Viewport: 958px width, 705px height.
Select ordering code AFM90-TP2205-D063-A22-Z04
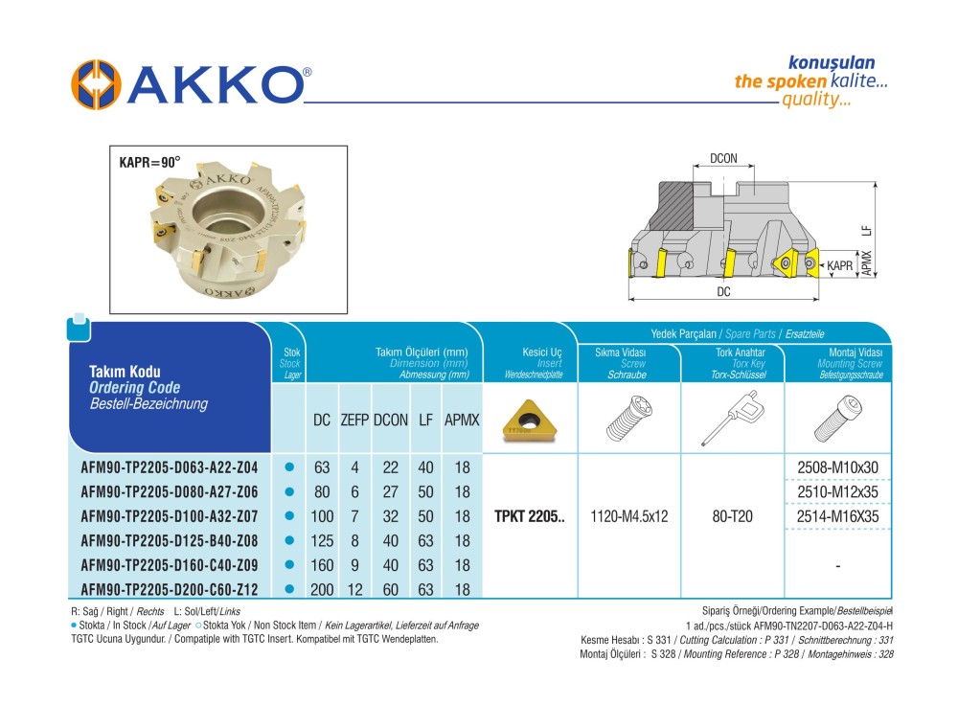pos(170,468)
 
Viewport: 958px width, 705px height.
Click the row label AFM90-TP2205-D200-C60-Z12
pos(170,588)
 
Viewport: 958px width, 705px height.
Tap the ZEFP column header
pos(354,421)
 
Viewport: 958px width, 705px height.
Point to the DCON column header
pos(391,421)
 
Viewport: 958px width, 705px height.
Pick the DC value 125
pos(322,540)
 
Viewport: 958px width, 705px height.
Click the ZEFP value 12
pos(354,588)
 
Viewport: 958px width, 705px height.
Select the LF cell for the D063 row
pos(426,468)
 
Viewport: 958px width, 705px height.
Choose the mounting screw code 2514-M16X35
pos(838,516)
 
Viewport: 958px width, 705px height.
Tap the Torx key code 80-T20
pos(733,516)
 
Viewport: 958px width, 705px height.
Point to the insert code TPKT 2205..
pos(530,516)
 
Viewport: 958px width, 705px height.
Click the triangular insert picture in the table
pos(530,421)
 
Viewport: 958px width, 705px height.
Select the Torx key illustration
pos(733,421)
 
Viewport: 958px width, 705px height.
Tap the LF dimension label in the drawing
pos(866,230)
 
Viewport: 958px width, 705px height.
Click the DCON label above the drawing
pos(723,159)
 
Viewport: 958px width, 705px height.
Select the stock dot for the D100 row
pos(288,516)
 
